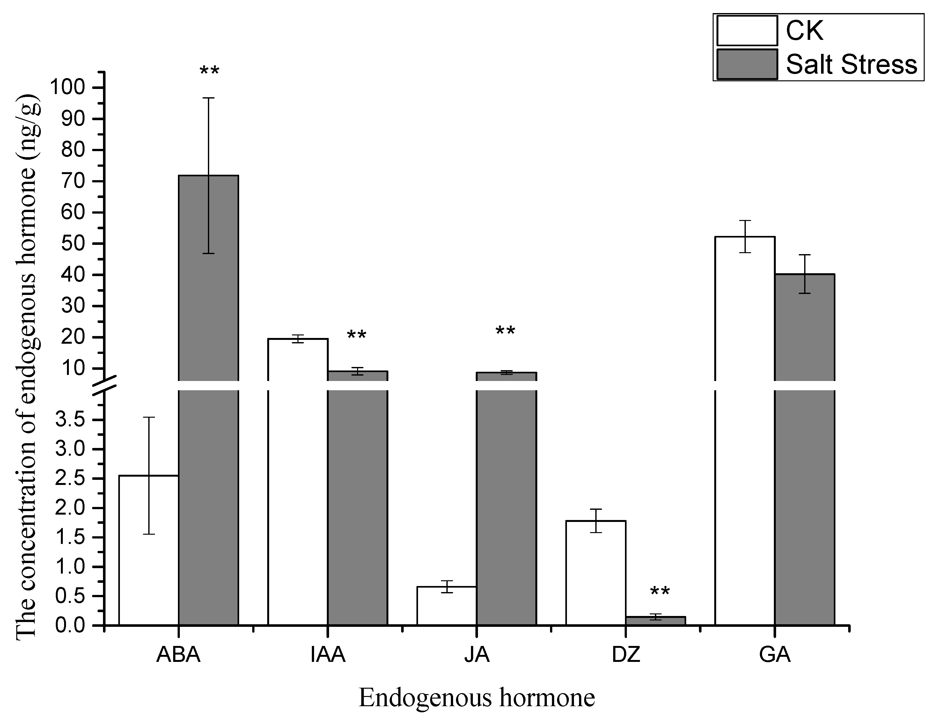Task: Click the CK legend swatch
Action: (x=747, y=30)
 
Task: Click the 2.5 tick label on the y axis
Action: (x=75, y=479)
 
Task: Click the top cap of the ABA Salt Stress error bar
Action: (x=209, y=98)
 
